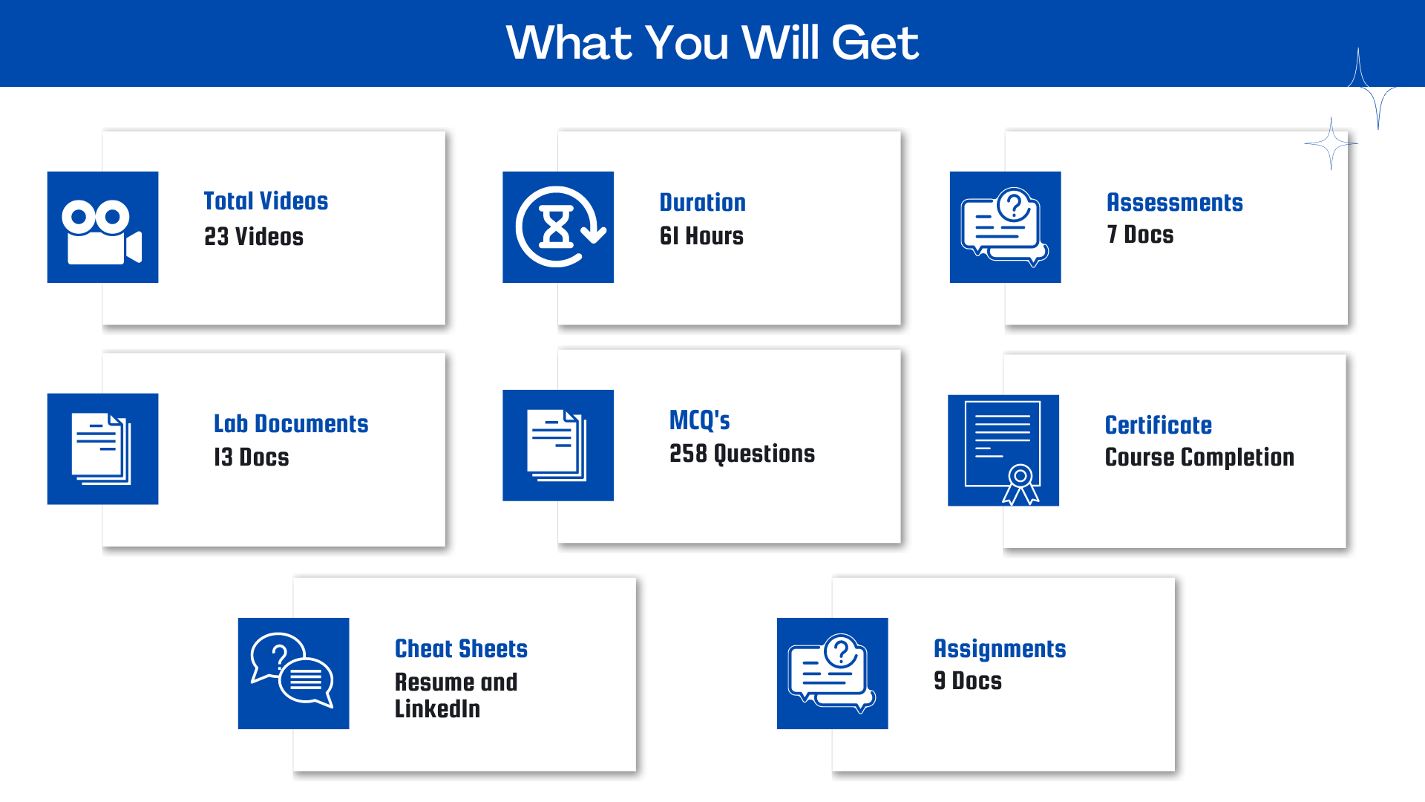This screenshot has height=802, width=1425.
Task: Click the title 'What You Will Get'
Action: point(712,42)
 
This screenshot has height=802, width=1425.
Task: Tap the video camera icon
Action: point(102,232)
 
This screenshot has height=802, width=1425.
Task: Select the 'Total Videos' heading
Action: point(266,200)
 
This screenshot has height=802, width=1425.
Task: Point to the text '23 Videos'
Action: point(254,236)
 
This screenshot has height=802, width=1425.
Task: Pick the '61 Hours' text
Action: point(701,235)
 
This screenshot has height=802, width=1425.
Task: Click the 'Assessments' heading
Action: point(1174,202)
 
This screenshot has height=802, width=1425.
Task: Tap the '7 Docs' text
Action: point(1140,235)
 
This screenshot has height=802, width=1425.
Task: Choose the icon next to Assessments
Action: point(1005,226)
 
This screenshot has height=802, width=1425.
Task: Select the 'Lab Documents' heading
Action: point(291,423)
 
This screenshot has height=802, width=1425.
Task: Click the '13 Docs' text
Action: point(252,457)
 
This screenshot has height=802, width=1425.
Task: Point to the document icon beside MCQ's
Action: point(557,445)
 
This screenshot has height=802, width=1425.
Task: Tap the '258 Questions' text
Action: point(742,453)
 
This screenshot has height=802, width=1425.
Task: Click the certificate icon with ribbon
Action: point(1003,452)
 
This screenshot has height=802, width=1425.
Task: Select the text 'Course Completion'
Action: point(1199,457)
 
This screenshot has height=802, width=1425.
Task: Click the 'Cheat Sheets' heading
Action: point(461,648)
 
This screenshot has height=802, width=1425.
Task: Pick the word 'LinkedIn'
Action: point(437,708)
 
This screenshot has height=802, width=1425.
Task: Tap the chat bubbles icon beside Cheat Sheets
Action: point(292,671)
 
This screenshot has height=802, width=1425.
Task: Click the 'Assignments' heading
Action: point(1000,648)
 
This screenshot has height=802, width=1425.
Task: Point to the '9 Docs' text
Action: point(968,680)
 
